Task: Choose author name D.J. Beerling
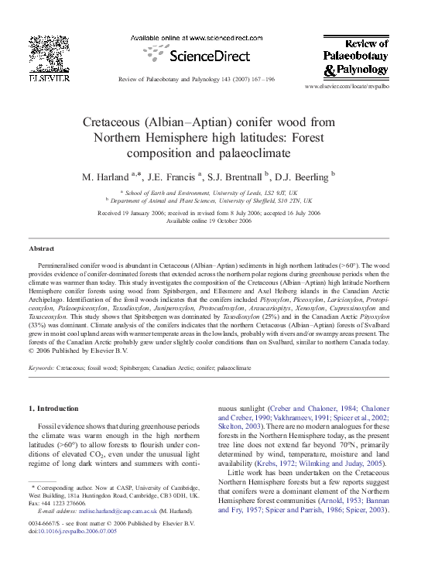tap(305, 177)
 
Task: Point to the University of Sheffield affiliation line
tap(210, 199)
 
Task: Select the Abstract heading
tap(41, 249)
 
